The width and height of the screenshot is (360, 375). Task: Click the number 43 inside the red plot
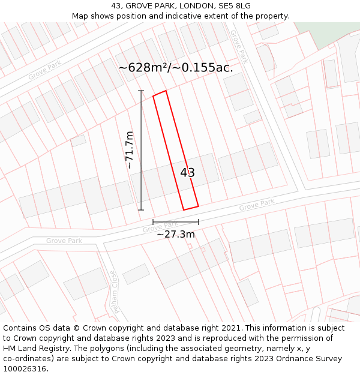187,173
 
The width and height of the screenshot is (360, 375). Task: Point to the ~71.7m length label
130,150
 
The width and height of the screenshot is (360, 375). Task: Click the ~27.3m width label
175,234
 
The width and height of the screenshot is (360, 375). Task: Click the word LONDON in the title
189,6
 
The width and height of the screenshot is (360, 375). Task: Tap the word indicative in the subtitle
187,16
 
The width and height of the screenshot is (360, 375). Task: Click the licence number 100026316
25,369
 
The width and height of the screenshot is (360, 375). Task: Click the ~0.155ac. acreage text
203,68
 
